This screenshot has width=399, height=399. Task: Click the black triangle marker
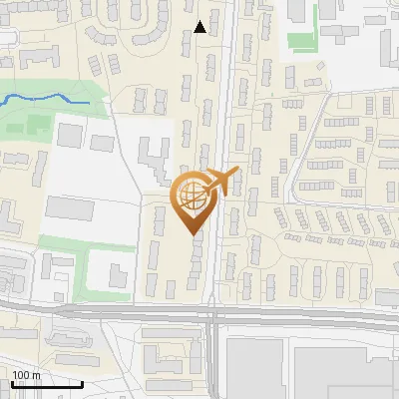pos(200,27)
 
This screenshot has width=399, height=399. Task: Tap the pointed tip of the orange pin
pos(192,233)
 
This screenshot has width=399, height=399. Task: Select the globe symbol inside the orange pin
pos(192,197)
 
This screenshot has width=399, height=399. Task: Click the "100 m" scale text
pos(26,375)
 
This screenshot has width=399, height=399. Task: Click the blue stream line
pos(50,99)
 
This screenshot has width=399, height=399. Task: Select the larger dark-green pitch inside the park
pos(38,126)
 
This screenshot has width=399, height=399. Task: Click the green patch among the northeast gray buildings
pos(301,42)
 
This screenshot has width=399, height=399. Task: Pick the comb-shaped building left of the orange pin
pos(152,160)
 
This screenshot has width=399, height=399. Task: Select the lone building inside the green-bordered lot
pos(118,272)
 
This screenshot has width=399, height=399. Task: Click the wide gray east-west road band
pos(299,315)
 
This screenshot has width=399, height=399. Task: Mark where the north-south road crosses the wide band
pos(214,313)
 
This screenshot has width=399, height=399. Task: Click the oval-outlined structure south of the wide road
pos(165,357)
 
